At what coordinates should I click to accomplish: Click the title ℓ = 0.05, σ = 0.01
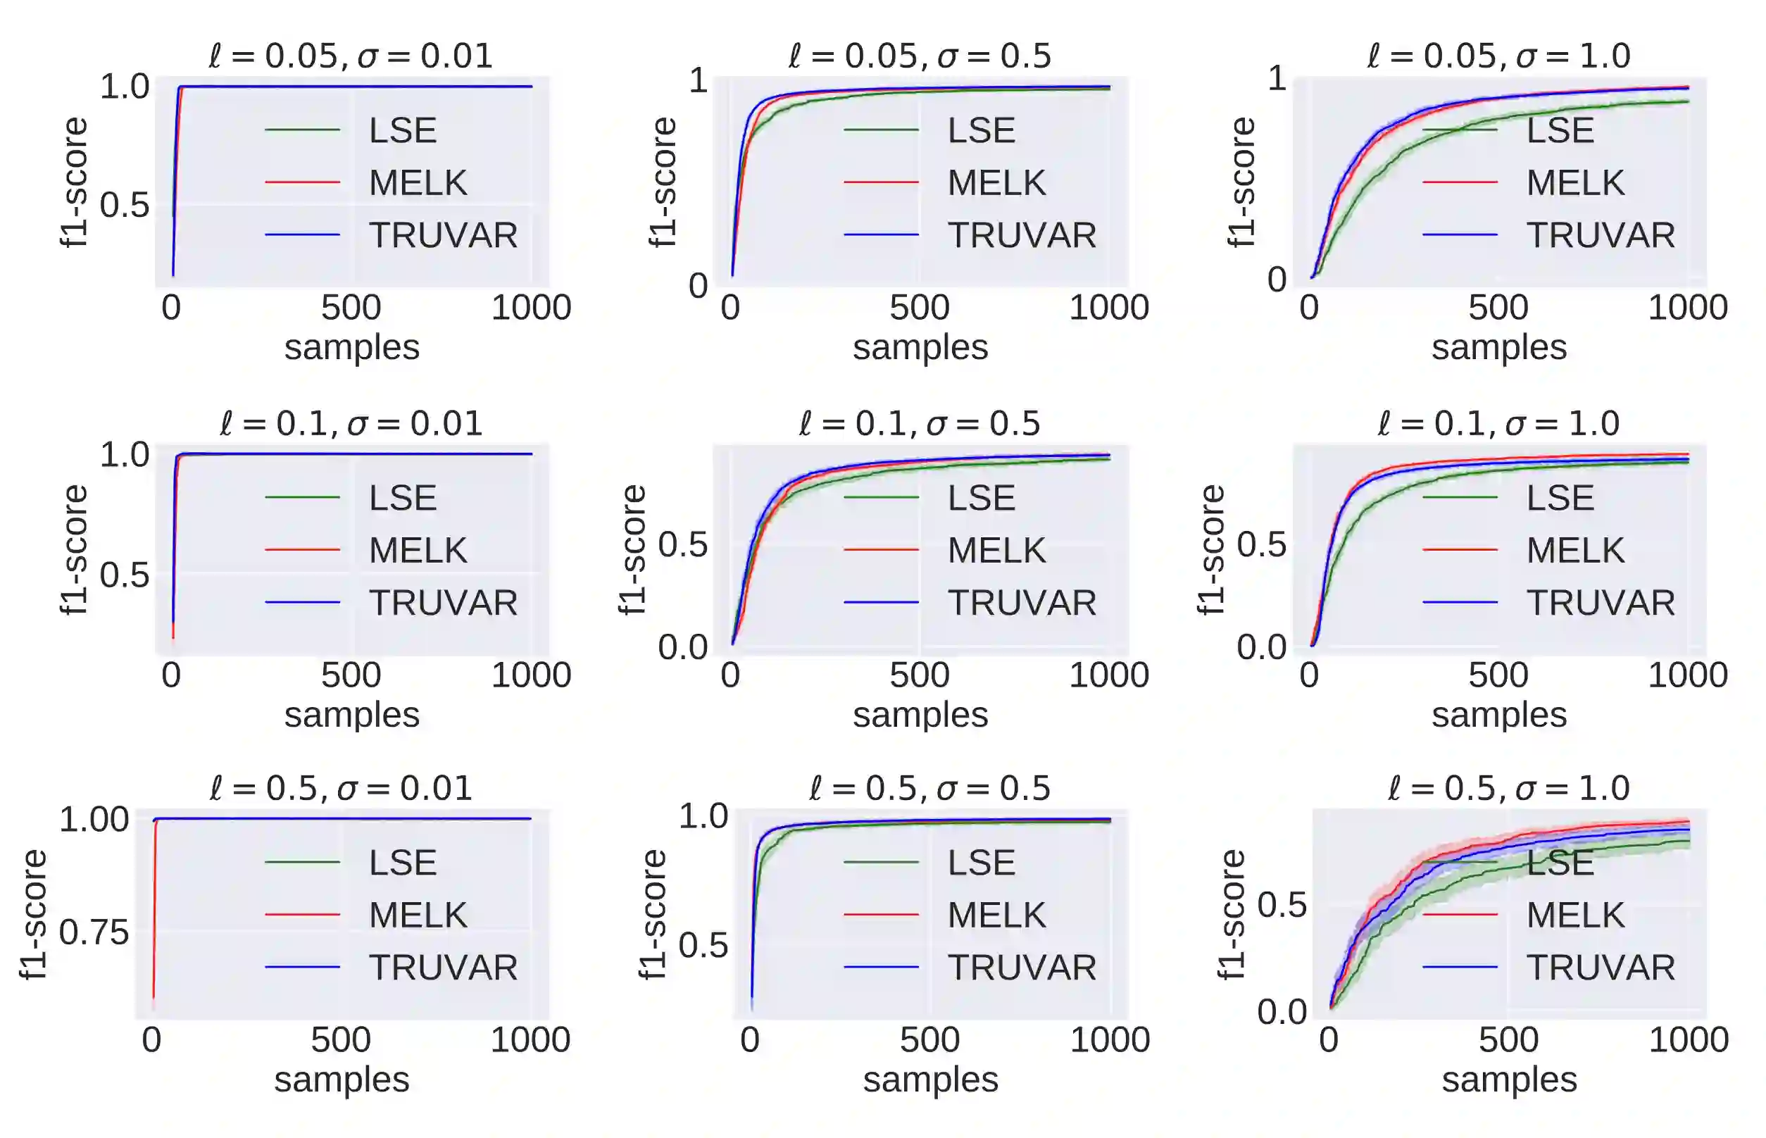coord(350,56)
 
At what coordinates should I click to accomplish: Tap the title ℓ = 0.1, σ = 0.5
coord(919,423)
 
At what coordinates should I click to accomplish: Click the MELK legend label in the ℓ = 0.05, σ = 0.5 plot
coord(997,182)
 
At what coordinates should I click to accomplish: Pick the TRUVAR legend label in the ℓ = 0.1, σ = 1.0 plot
coord(1601,602)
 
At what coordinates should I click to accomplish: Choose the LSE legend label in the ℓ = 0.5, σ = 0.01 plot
coord(403,863)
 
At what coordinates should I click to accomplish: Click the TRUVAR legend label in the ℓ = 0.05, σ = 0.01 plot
coord(444,235)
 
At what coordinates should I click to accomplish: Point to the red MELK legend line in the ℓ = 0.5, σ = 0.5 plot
coord(881,915)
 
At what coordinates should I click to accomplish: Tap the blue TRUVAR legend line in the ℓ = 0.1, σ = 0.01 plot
coord(302,602)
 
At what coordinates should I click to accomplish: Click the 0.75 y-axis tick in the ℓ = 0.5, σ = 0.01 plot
coord(94,932)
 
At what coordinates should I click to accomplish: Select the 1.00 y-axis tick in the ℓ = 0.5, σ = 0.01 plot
coord(94,820)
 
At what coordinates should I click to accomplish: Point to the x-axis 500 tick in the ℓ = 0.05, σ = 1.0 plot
coord(1498,308)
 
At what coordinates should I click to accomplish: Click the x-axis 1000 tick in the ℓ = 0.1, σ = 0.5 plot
coord(1108,675)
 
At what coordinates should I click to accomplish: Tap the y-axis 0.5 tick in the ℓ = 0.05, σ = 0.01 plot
coord(124,206)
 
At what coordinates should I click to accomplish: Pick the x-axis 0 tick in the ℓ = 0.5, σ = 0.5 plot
coord(750,1039)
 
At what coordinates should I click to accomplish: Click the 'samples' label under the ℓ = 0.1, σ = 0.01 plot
coord(352,715)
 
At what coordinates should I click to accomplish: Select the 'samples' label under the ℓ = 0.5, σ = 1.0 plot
coord(1509,1080)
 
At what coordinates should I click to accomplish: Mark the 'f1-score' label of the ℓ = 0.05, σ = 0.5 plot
coord(663,182)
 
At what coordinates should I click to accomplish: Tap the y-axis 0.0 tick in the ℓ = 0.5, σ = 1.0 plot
coord(1282,1011)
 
